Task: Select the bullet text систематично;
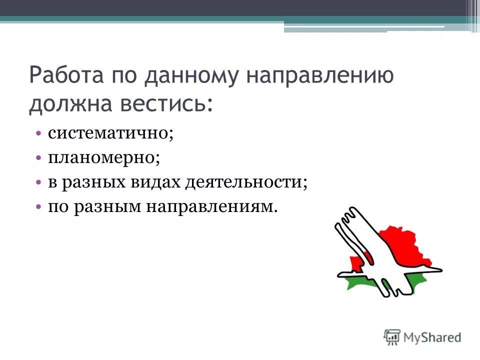pyautogui.click(x=110, y=133)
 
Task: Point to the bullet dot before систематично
pyautogui.click(x=39, y=134)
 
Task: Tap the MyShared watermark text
pyautogui.click(x=432, y=336)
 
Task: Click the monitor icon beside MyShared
pyautogui.click(x=392, y=336)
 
